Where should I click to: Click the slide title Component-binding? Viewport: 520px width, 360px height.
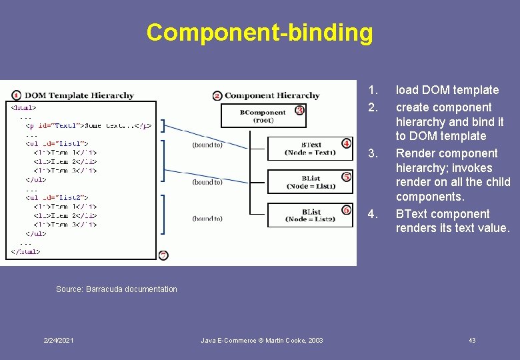point(259,32)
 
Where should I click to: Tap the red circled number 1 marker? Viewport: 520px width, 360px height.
point(16,95)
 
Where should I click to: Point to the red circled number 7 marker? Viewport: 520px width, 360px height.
point(164,255)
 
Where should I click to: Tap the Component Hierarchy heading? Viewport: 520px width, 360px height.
point(272,95)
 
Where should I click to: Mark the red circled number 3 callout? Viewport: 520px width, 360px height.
point(299,110)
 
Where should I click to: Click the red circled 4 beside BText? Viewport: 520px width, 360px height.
point(346,143)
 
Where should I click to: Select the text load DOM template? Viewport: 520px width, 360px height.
point(447,90)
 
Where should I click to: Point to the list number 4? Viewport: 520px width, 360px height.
point(373,214)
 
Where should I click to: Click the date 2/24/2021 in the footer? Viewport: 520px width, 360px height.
point(58,341)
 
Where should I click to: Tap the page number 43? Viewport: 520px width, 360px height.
point(472,341)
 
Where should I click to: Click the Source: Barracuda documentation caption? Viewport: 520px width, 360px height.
point(117,289)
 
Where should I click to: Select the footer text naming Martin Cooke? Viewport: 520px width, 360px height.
point(262,341)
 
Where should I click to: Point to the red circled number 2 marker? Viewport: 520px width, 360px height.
point(217,95)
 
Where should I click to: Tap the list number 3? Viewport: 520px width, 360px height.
point(373,153)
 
